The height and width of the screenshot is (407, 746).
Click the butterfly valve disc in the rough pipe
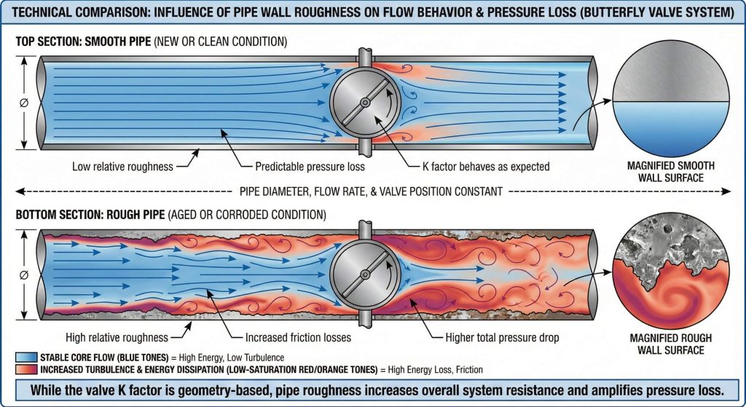coord(364,274)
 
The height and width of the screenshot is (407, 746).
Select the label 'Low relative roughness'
coord(122,167)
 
